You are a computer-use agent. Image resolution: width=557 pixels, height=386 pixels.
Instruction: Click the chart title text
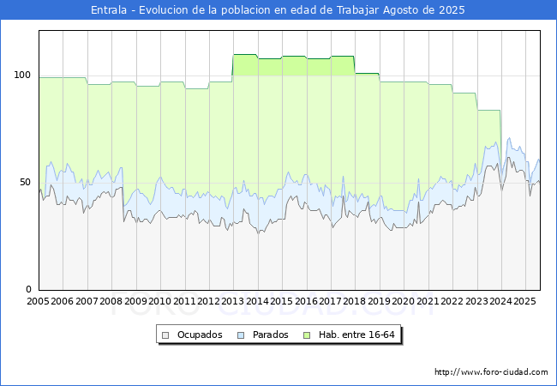(x=278, y=10)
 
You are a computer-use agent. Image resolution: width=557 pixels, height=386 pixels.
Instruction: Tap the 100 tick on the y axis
(x=22, y=75)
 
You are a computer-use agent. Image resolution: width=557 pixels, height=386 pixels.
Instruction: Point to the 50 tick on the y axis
(x=25, y=182)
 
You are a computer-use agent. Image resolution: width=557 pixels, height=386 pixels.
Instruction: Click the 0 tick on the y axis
(x=28, y=289)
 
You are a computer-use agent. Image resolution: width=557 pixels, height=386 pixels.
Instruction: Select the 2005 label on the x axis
(x=39, y=302)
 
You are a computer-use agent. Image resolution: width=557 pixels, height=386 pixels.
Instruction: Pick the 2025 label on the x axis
(x=524, y=302)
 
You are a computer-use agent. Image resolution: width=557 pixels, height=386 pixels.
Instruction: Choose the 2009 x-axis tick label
(x=135, y=302)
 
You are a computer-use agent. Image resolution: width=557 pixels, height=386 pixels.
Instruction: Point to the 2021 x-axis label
(x=428, y=302)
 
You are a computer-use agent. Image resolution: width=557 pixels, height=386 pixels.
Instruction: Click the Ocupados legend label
(x=200, y=335)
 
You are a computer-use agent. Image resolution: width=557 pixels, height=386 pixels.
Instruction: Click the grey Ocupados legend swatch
(x=166, y=335)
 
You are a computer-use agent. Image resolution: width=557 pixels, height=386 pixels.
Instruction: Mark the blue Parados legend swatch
(x=241, y=335)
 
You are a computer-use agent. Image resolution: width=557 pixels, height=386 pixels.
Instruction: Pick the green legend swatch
(x=307, y=335)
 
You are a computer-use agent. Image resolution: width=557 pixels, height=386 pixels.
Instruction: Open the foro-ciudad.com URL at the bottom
(x=491, y=372)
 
